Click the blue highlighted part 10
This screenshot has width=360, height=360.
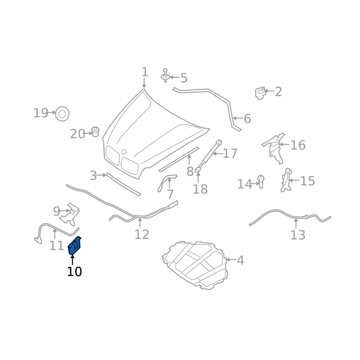[74, 246]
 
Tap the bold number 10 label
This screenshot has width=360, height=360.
[74, 272]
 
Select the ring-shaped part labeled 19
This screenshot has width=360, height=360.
[62, 113]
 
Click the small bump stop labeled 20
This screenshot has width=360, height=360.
[95, 132]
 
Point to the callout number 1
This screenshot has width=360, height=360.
[144, 72]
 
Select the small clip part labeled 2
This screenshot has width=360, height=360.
[260, 93]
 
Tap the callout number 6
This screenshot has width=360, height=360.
[247, 119]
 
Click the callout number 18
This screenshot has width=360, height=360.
[200, 189]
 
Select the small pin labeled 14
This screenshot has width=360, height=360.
[261, 181]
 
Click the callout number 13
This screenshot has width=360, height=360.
[297, 235]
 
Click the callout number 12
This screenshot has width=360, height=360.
[142, 234]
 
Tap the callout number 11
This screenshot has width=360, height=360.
[57, 246]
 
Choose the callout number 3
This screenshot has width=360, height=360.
[93, 176]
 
